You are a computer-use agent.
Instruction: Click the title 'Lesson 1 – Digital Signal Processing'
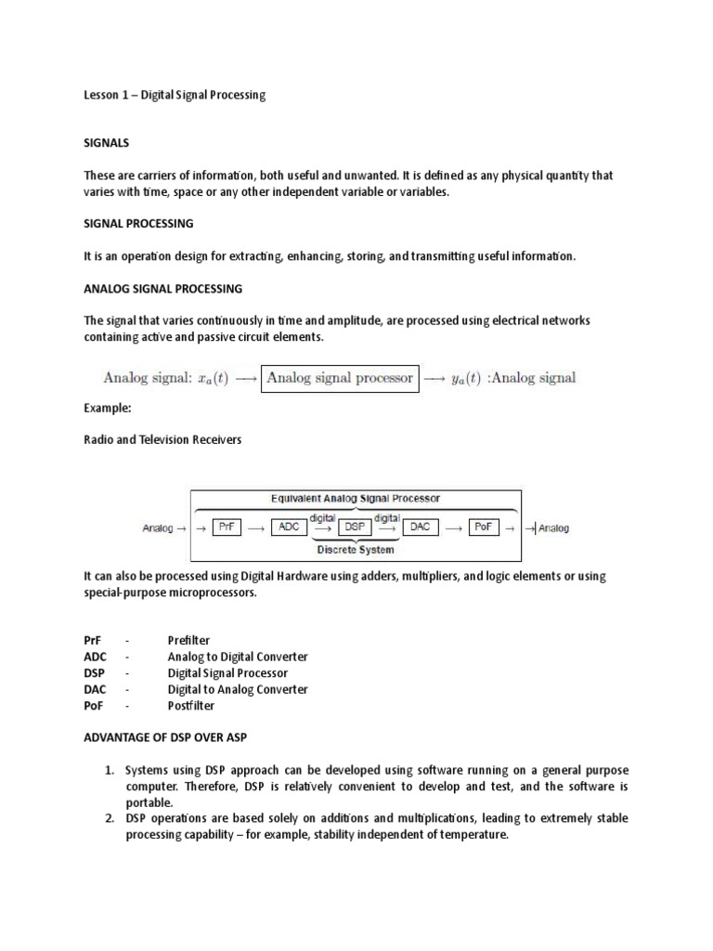175,96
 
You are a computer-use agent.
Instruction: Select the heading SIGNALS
107,144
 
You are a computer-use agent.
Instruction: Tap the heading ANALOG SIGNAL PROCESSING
162,289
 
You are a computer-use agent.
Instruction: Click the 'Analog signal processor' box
341,378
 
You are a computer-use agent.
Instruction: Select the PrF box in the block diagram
227,528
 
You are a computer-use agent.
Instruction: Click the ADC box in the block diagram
289,528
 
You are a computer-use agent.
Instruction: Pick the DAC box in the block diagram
419,528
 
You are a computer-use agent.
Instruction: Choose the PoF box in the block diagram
484,528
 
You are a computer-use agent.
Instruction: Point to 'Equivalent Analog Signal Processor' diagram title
356,498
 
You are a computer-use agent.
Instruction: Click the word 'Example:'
107,408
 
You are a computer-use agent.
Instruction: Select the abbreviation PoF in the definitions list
95,706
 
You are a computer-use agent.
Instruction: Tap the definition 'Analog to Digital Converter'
238,657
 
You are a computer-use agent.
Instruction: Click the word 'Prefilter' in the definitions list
188,641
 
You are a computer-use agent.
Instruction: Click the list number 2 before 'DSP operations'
109,818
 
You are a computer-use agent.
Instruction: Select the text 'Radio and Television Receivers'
162,439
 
